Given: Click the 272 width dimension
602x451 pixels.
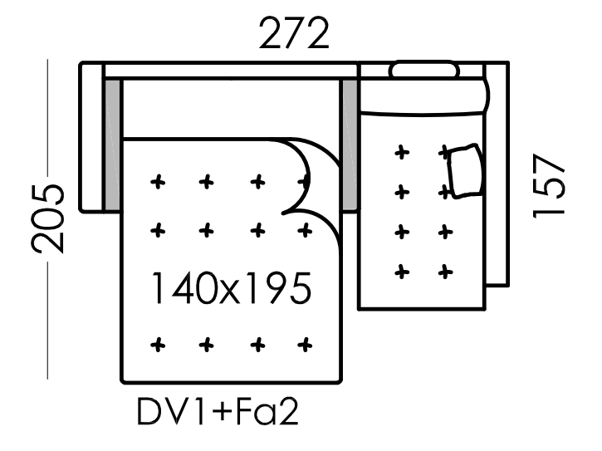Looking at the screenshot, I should pyautogui.click(x=295, y=35).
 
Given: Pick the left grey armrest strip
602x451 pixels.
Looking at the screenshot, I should pyautogui.click(x=111, y=145).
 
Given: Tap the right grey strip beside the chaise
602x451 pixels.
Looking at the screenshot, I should pyautogui.click(x=349, y=145).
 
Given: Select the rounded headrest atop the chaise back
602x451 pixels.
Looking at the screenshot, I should pyautogui.click(x=423, y=70).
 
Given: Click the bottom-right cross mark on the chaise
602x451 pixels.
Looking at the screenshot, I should pyautogui.click(x=446, y=271).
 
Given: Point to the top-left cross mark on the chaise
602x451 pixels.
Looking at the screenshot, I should pyautogui.click(x=402, y=152).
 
